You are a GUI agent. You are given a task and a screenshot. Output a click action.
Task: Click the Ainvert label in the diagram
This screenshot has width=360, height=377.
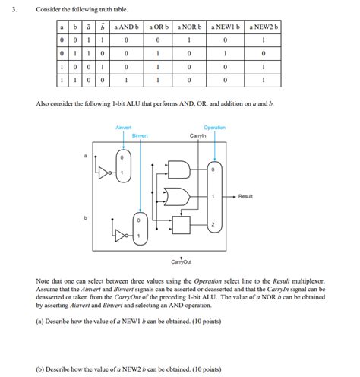pos(122,128)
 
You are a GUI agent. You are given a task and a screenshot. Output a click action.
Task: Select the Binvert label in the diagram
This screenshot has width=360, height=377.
pos(140,135)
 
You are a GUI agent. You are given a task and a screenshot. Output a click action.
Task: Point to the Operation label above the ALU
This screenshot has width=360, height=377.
pos(215,128)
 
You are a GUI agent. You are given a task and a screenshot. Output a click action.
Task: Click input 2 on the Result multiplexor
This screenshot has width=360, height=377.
pos(214,225)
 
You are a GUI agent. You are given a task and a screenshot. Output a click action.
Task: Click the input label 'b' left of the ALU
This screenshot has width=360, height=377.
pos(86,218)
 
